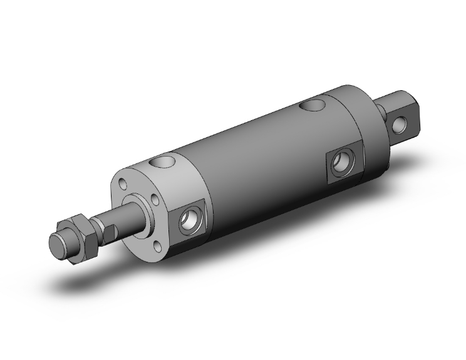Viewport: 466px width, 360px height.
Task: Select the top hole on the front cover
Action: (164, 163)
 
